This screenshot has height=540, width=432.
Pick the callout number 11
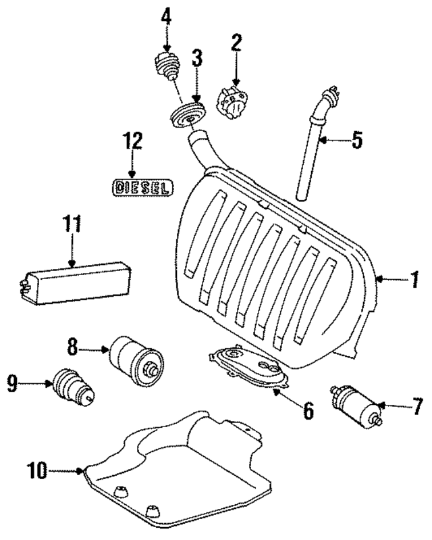tap(72, 224)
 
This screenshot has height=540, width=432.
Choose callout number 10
tap(38, 470)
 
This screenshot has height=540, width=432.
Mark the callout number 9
tap(13, 385)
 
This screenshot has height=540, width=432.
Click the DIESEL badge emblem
tap(142, 187)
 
